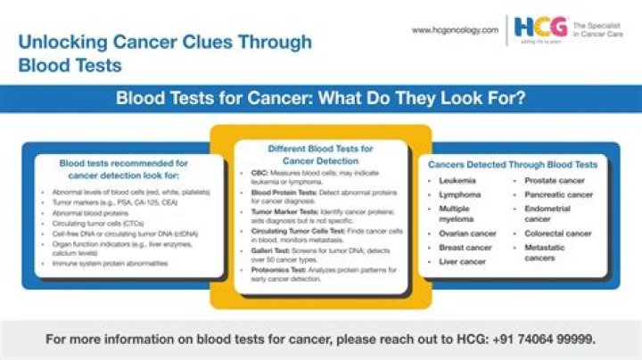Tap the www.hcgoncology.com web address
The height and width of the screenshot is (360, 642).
coord(455,29)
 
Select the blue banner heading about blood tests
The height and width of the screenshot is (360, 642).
coord(321,97)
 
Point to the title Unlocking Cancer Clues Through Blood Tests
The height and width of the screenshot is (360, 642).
coord(166,53)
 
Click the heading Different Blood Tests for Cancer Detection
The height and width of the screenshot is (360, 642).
coord(320,154)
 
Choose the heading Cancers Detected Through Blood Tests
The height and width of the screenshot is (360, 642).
coord(513,165)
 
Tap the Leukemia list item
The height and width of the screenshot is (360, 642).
coord(457,181)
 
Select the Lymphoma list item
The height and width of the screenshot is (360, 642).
coord(460,194)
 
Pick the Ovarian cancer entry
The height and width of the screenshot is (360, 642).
coord(466,233)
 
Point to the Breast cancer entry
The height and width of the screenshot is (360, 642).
coord(465,248)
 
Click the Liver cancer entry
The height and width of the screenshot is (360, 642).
coord(462,262)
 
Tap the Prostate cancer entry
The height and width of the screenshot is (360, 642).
coord(555,181)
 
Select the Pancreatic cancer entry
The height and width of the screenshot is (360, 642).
coord(558,194)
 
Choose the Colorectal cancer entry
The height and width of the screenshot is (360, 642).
coord(558,233)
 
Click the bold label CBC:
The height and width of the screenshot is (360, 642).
coord(259,172)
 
